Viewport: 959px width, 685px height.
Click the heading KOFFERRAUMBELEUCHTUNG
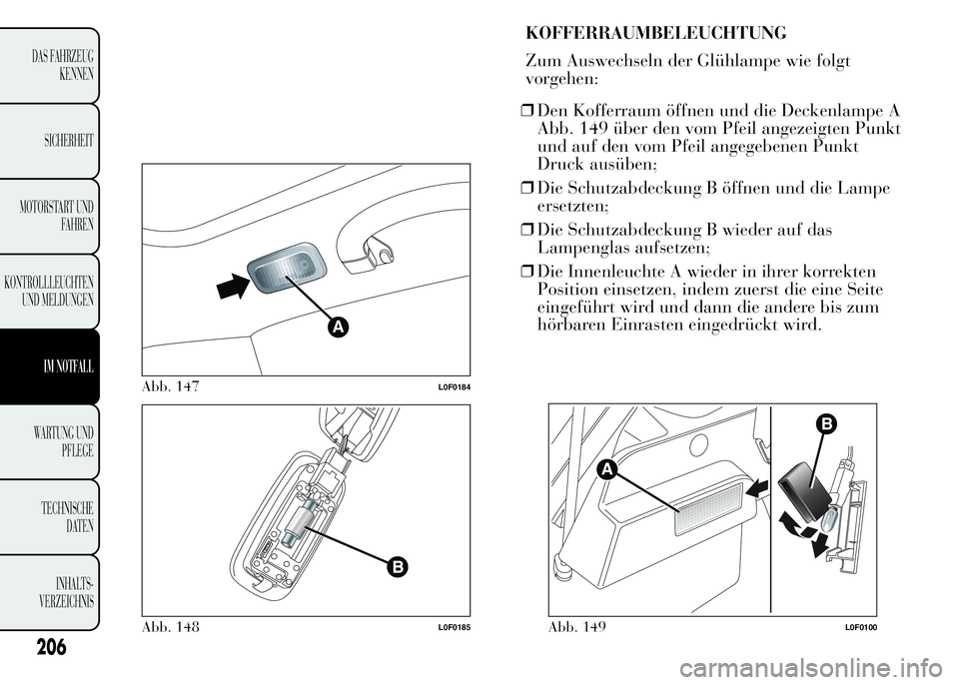tap(656, 33)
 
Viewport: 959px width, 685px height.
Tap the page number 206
tap(51, 646)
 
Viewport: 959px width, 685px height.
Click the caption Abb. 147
tap(171, 386)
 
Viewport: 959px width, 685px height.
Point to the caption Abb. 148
tap(171, 627)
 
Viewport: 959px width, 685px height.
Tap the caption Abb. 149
tap(577, 627)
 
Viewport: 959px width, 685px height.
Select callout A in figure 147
tap(337, 328)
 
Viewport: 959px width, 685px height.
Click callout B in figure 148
tap(397, 567)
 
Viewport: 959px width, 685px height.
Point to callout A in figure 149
tap(606, 469)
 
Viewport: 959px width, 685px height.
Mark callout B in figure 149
tap(825, 424)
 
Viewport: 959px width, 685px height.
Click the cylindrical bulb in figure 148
tap(301, 520)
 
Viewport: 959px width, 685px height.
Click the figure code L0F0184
tap(454, 388)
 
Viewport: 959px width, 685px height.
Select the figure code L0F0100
tap(861, 628)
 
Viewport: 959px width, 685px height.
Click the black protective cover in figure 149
tap(803, 483)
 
